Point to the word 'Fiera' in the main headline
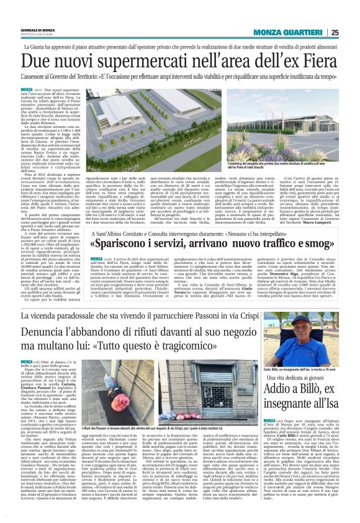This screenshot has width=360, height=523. click(x=311, y=61)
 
